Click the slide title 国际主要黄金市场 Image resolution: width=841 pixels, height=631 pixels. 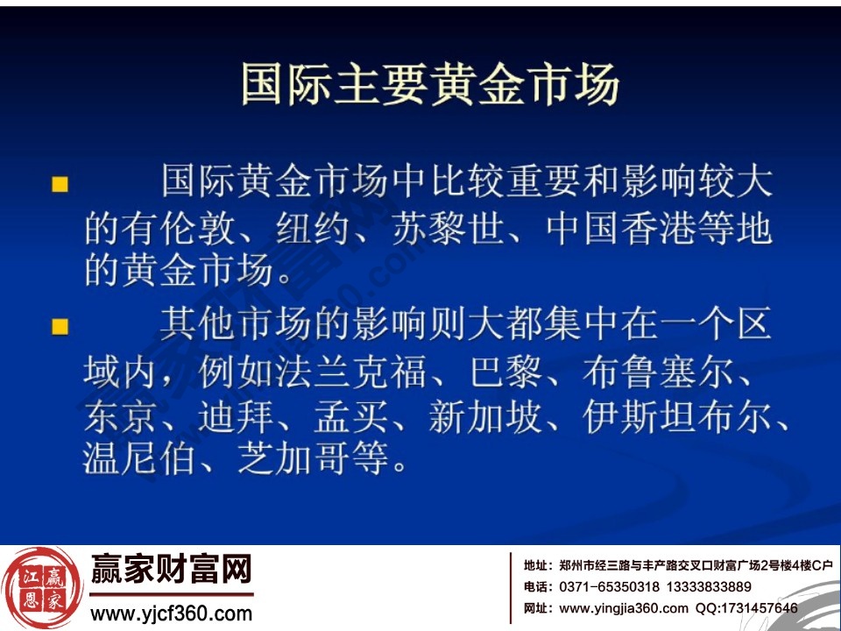tap(429, 84)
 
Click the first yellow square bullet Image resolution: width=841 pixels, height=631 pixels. tap(60, 184)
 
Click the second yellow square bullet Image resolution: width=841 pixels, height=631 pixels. tap(60, 327)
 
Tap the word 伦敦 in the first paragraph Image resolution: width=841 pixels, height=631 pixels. tap(199, 230)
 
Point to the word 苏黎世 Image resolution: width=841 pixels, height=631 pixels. tap(448, 230)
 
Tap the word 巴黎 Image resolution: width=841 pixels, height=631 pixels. tap(505, 372)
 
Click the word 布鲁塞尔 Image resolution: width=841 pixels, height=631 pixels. tap(657, 372)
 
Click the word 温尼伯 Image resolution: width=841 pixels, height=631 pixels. tap(141, 459)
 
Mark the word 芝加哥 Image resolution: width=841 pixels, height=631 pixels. tap(294, 459)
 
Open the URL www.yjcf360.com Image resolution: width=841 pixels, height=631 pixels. tap(172, 613)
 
